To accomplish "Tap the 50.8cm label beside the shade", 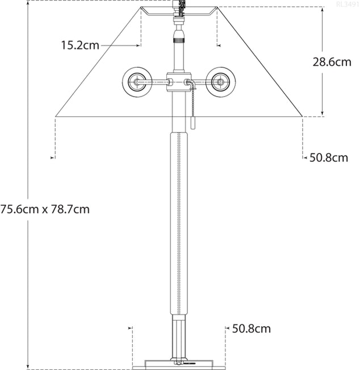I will (329, 157).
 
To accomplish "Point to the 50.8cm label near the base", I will (251, 329).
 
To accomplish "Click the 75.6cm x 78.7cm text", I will (45, 209).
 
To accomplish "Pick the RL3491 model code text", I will (348, 5).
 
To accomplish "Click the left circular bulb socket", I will (136, 82).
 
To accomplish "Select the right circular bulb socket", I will (221, 82).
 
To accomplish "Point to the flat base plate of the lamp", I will (178, 363).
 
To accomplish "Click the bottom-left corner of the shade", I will (56, 117).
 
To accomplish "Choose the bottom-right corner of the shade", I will (302, 117).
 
